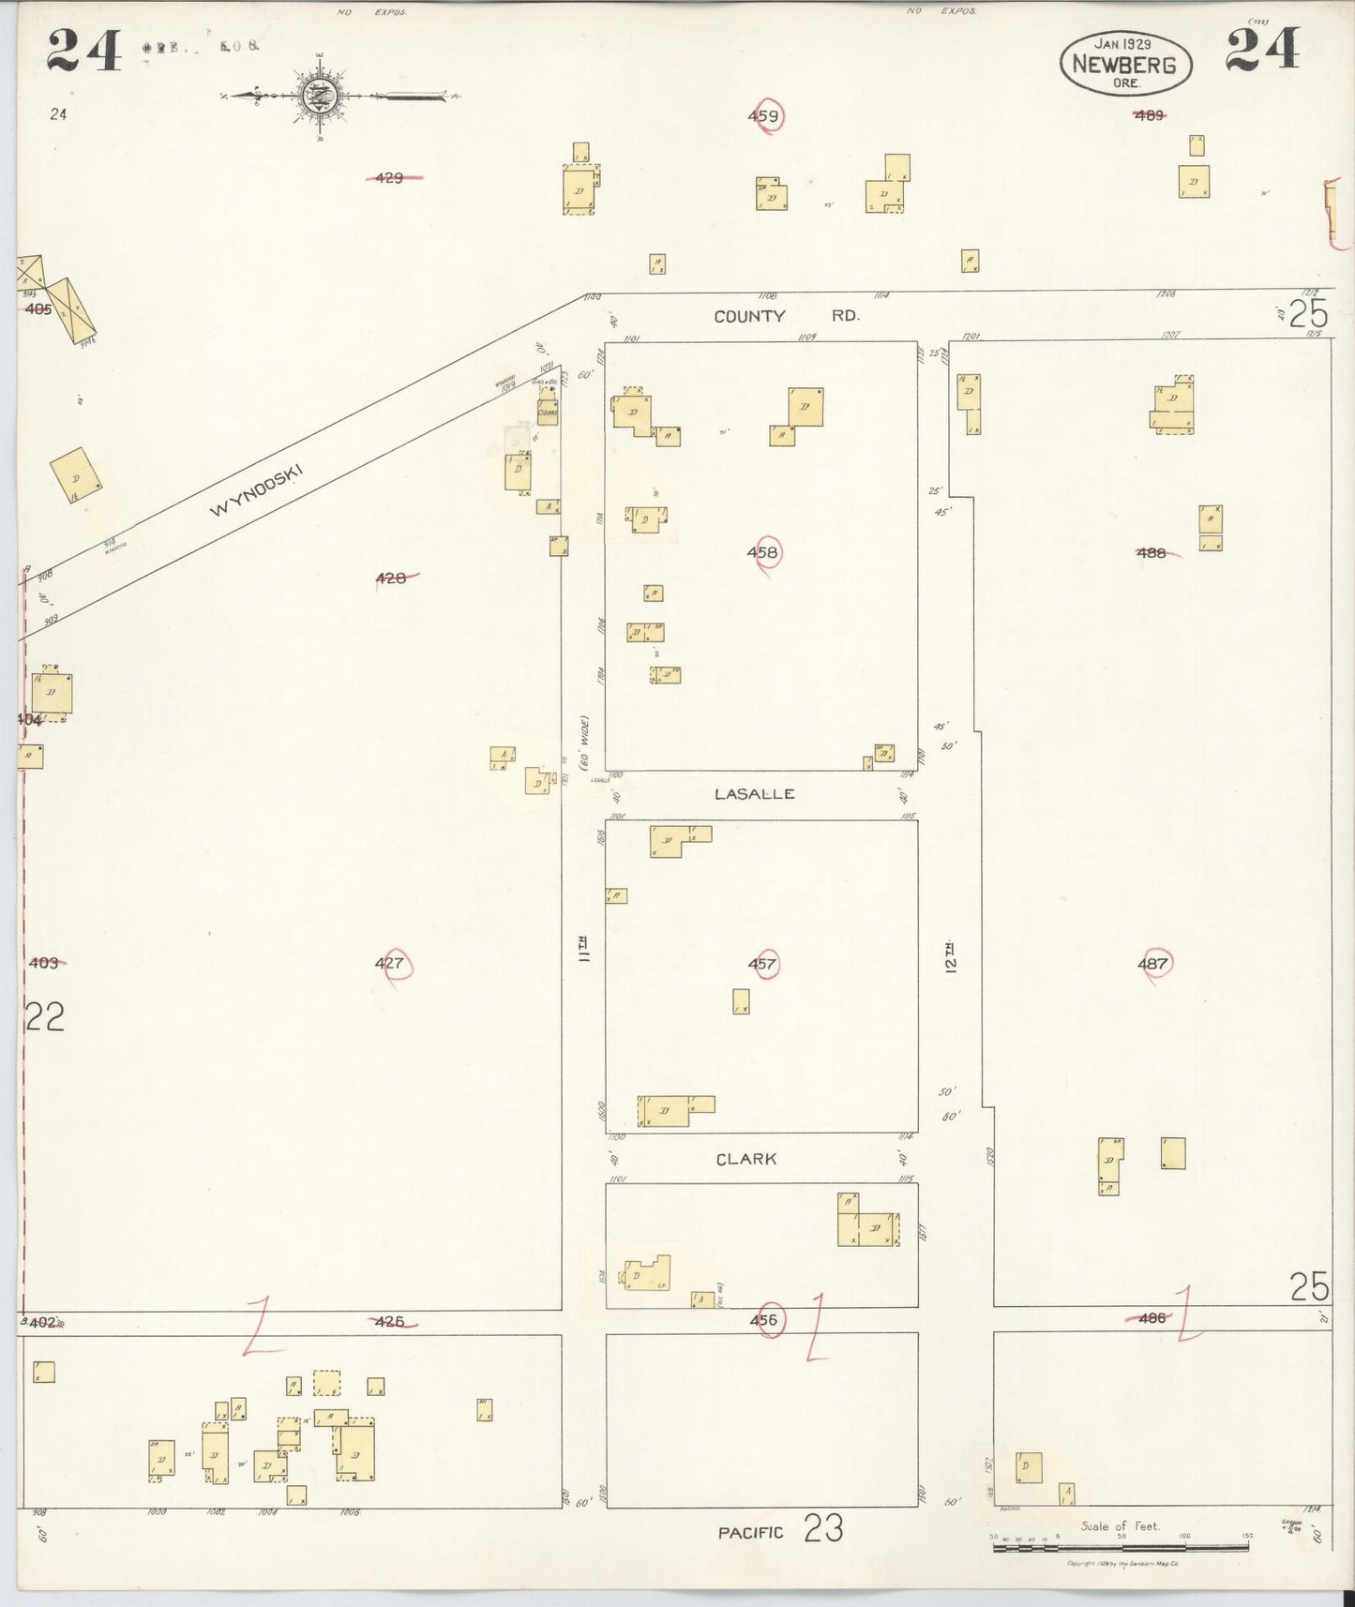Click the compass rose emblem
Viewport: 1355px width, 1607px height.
click(x=319, y=95)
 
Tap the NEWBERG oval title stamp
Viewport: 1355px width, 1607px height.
click(x=1125, y=64)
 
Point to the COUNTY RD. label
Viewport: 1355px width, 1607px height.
click(x=786, y=316)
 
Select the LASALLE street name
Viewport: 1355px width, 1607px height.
click(x=754, y=794)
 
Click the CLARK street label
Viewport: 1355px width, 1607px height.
click(x=746, y=1159)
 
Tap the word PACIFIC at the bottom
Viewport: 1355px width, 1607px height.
click(x=750, y=1533)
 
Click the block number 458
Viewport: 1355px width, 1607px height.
click(x=762, y=552)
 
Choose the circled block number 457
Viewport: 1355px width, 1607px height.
click(x=762, y=964)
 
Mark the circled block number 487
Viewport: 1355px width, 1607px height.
click(x=1152, y=963)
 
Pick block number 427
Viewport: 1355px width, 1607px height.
click(x=389, y=963)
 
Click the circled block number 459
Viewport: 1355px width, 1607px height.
click(x=764, y=116)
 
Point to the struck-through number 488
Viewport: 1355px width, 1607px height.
click(x=1151, y=553)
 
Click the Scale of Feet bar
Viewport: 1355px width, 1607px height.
click(x=1120, y=1548)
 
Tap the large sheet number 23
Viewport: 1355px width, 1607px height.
click(x=822, y=1530)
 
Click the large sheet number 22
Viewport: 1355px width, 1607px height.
click(x=44, y=1017)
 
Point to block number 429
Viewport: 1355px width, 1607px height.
click(x=389, y=176)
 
